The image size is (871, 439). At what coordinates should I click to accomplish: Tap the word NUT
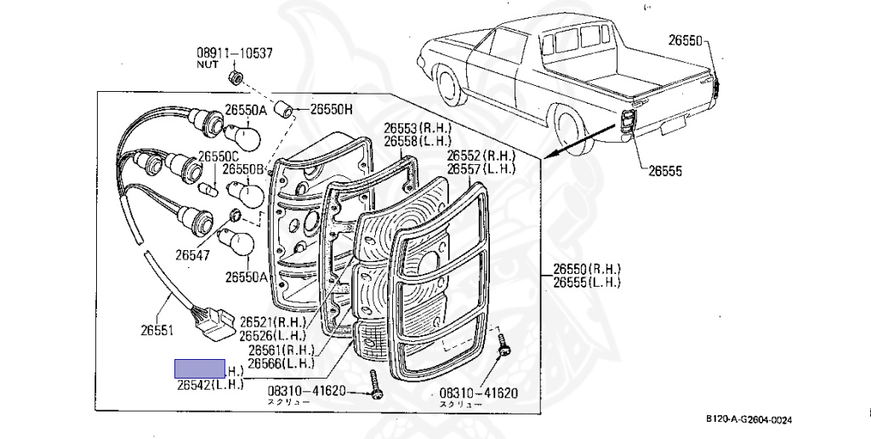click(208, 65)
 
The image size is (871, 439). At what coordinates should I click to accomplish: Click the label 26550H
click(331, 109)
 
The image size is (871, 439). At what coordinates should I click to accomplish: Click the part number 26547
click(195, 254)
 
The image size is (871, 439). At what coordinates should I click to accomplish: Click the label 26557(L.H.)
click(482, 169)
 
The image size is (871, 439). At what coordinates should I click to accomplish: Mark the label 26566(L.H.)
click(281, 363)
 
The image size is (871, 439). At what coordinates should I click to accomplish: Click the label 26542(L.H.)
click(210, 385)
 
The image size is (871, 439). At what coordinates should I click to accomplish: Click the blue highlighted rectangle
click(199, 368)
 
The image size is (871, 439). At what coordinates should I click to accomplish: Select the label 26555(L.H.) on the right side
click(587, 282)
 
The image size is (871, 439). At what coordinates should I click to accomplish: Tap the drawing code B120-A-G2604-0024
click(749, 419)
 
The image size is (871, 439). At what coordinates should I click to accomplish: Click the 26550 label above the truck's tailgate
click(685, 40)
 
